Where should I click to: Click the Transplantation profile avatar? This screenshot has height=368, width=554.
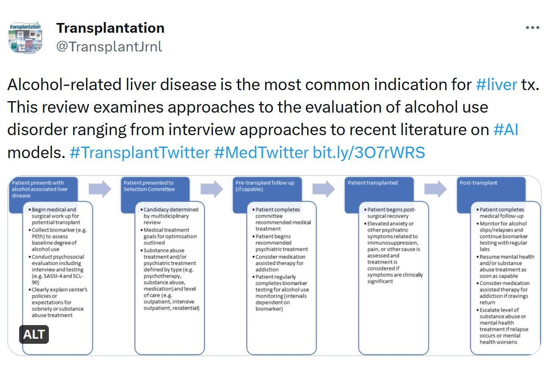click(25, 37)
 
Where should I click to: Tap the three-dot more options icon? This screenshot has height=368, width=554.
click(532, 28)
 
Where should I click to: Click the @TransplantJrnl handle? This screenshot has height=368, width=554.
click(109, 46)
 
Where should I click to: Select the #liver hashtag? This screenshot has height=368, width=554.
click(496, 85)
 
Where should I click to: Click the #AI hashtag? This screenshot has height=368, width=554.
click(506, 130)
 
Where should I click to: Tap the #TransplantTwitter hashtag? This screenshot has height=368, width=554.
click(140, 153)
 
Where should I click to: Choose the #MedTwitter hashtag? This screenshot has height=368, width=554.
click(261, 153)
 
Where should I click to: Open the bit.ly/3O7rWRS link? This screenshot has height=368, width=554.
click(369, 153)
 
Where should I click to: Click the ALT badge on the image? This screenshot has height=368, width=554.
click(34, 334)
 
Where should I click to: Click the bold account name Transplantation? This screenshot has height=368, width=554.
click(110, 28)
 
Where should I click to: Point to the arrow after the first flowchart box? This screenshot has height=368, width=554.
click(100, 189)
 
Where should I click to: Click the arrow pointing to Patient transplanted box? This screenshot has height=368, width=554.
click(324, 189)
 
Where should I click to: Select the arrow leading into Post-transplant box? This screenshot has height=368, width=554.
click(435, 189)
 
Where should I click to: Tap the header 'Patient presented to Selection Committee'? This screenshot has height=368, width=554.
click(149, 186)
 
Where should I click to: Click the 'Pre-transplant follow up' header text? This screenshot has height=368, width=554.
click(265, 183)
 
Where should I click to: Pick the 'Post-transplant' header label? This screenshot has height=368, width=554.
click(478, 183)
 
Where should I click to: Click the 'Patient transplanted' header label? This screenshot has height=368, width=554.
click(373, 183)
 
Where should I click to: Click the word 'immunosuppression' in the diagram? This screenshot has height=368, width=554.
click(393, 243)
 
